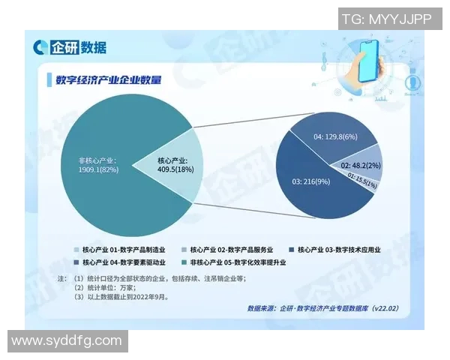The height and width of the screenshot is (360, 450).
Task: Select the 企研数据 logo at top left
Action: pos(70,48)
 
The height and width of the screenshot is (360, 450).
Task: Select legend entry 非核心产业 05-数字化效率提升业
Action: pos(237,262)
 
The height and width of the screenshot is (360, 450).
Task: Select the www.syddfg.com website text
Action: pos(66,340)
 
